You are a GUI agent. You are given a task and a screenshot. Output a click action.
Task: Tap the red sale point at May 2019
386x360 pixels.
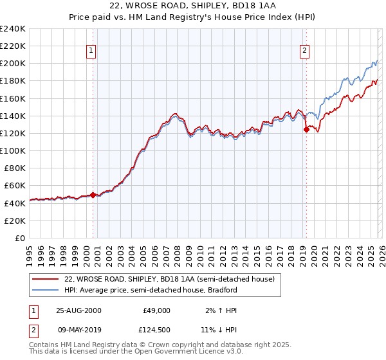306,130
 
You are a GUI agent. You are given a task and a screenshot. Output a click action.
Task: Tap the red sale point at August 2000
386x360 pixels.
93,195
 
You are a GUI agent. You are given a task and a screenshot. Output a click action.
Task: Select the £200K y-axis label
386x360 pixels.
13,64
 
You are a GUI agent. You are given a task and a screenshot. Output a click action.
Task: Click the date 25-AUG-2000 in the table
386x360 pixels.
78,310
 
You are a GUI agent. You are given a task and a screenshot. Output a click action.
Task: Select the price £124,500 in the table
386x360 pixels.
156,330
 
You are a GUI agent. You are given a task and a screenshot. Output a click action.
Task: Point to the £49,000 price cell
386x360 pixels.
156,310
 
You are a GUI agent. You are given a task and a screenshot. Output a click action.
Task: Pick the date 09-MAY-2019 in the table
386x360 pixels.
78,330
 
